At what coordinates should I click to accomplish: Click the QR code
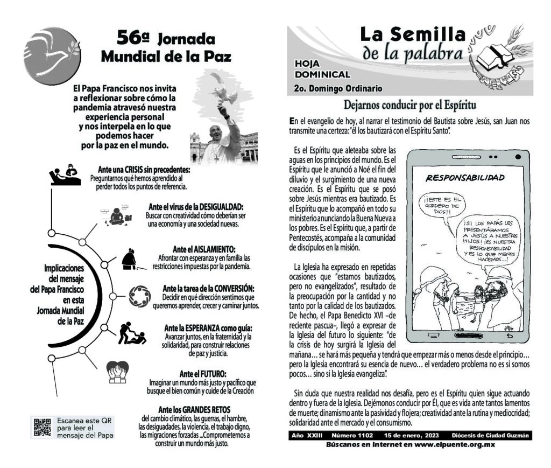click(x=43, y=427)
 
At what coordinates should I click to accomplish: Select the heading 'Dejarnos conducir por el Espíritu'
click(x=411, y=104)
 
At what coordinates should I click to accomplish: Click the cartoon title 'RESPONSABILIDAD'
click(x=464, y=178)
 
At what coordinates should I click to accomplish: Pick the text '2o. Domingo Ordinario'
click(x=338, y=88)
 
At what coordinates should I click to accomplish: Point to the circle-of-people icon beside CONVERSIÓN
click(x=141, y=295)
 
